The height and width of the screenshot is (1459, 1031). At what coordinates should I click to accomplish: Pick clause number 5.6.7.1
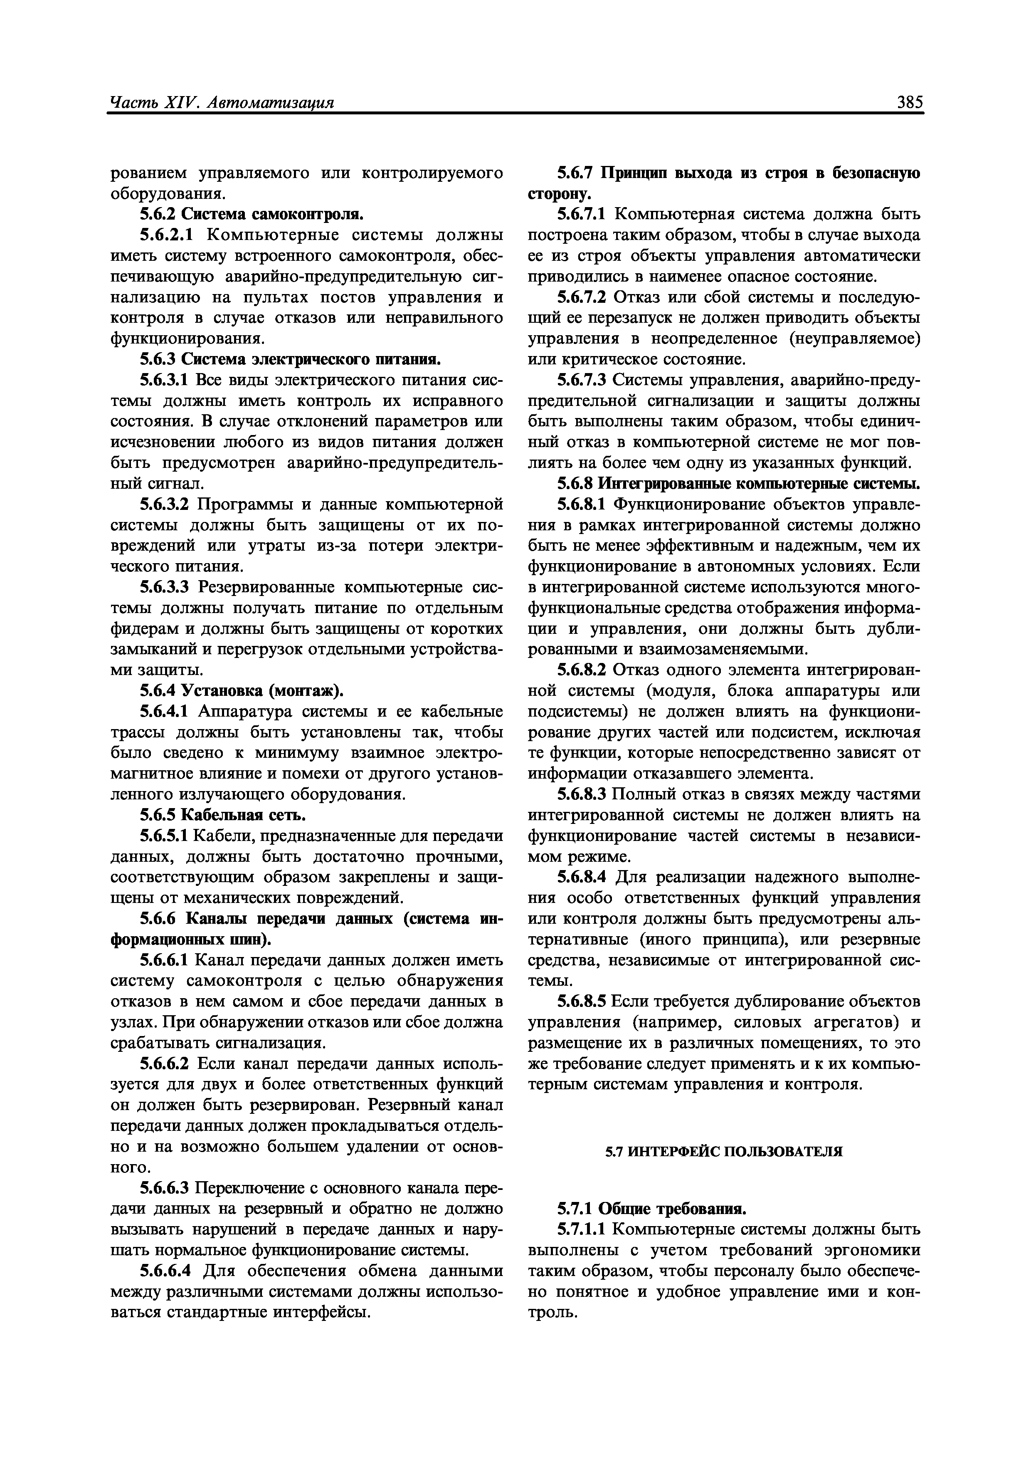coord(582,214)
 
